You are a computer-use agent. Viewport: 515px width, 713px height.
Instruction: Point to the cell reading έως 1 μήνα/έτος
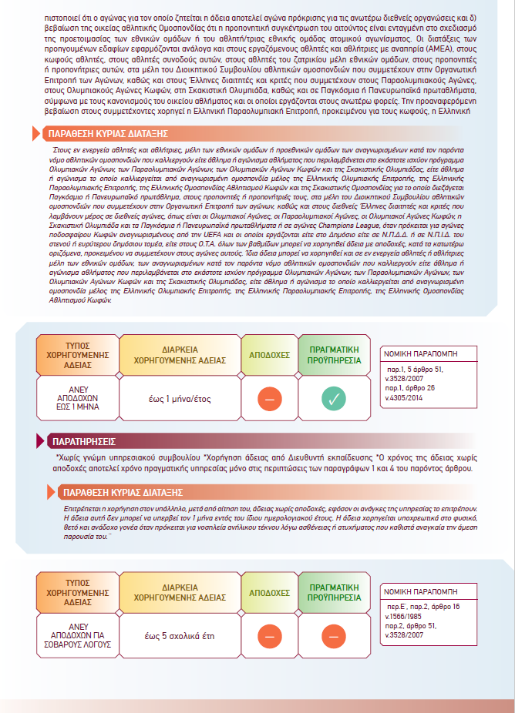[x=180, y=399]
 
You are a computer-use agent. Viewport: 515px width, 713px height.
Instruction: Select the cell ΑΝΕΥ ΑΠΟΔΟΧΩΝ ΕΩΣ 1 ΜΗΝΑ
[x=78, y=399]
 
